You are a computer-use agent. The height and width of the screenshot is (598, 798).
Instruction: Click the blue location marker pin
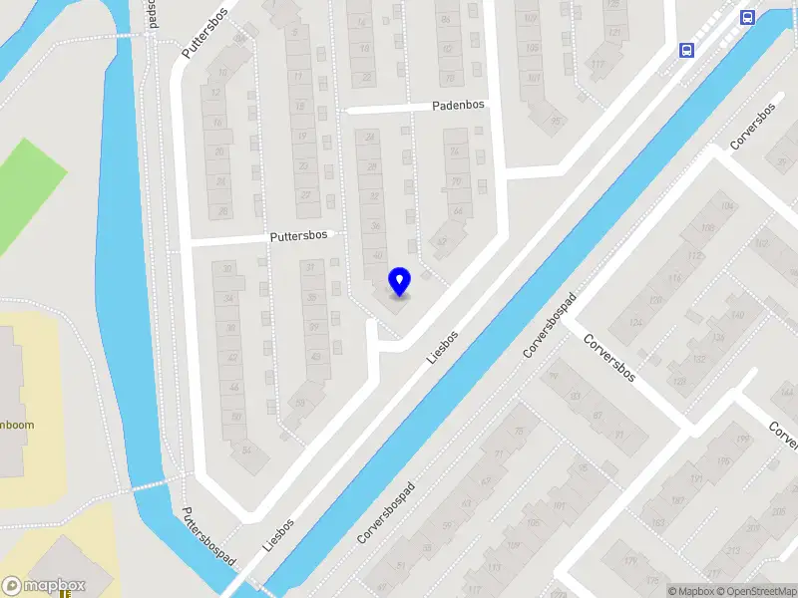point(400,282)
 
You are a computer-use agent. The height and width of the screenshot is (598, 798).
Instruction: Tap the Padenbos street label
point(458,105)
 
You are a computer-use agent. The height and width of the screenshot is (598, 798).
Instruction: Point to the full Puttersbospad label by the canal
point(208,537)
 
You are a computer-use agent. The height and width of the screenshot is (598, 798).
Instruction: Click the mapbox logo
point(44,586)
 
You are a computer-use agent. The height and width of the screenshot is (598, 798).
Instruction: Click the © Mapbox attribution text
point(690,591)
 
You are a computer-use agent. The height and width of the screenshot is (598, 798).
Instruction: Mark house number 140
point(737,315)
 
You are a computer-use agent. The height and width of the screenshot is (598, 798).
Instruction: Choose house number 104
point(725,206)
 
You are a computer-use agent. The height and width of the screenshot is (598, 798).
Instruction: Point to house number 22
point(367,77)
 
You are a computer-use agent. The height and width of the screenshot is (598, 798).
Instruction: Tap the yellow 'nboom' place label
point(17,425)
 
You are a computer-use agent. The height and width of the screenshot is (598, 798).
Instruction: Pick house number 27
point(305,194)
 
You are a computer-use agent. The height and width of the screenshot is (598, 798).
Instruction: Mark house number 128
point(679,381)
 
